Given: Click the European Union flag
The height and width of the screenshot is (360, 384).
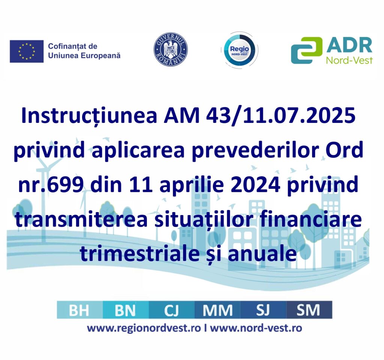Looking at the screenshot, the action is [x=27, y=51].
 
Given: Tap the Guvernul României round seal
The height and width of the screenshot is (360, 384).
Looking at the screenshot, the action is [x=171, y=50].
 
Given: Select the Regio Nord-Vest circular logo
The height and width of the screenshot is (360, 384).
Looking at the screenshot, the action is [x=240, y=50].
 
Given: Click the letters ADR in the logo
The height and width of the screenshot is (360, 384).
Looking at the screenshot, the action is [x=349, y=45].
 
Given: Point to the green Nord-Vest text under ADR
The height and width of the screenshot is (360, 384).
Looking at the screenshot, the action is [x=349, y=60].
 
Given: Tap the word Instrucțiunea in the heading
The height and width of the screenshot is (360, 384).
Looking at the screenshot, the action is [x=89, y=115].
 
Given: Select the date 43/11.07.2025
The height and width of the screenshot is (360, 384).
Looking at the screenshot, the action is [x=280, y=115].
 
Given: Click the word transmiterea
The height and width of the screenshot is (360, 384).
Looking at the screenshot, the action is [x=81, y=220].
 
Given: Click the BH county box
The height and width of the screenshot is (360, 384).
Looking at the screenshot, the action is [x=79, y=310].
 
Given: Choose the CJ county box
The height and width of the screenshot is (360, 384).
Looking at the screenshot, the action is [x=171, y=310].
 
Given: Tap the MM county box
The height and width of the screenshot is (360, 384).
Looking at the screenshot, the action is [x=217, y=310].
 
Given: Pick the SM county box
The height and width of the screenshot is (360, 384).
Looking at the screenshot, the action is [x=309, y=310].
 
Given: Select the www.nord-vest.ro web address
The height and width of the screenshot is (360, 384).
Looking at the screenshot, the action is [x=256, y=328].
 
